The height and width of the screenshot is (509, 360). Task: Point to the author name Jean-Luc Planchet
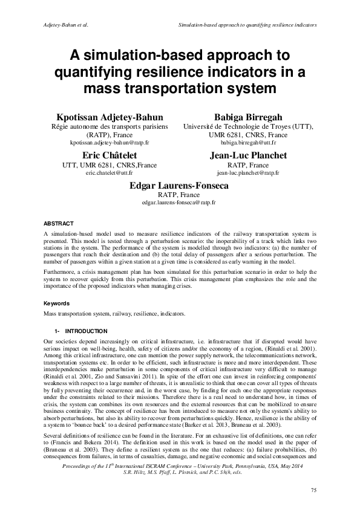248,155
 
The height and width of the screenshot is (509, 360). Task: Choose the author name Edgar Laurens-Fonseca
178,186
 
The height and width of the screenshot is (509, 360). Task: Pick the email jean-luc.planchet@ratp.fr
248,173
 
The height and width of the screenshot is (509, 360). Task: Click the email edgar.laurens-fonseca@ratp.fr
178,204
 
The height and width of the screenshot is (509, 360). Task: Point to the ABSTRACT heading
59,224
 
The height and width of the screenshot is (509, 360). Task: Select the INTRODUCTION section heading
86,331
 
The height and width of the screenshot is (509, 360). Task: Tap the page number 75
313,489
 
